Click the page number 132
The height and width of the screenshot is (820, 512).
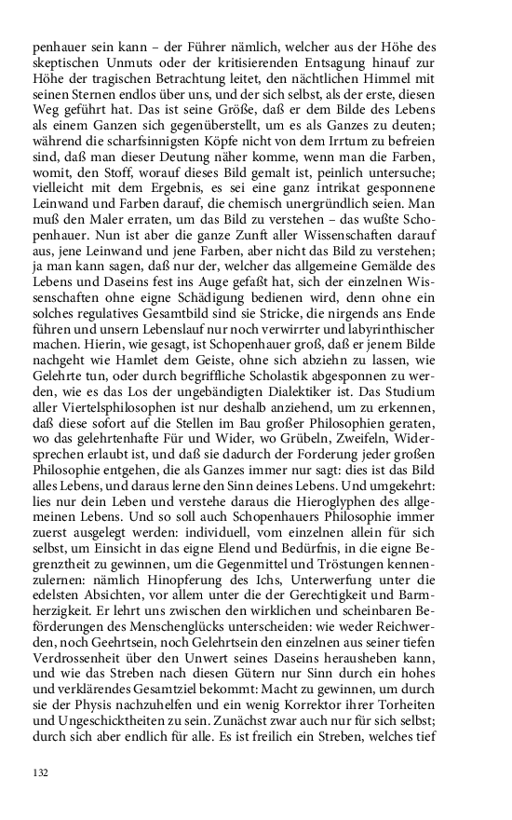point(40,772)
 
